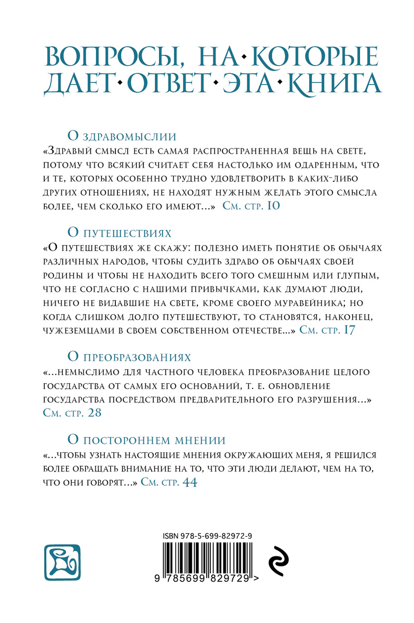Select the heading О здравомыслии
pos(123,136)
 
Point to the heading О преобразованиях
pos(129,357)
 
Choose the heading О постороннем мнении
pos(146,440)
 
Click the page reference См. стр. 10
pos(251,206)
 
